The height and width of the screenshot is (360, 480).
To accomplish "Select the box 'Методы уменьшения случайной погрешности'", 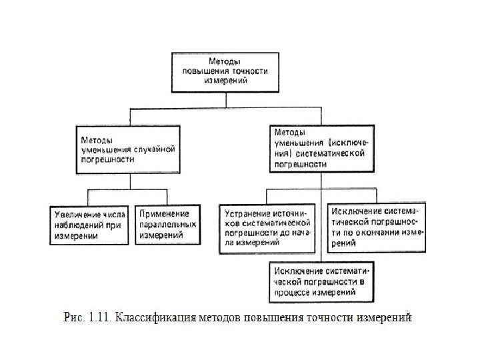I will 127,151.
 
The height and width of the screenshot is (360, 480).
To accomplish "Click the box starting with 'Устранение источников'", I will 267,228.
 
